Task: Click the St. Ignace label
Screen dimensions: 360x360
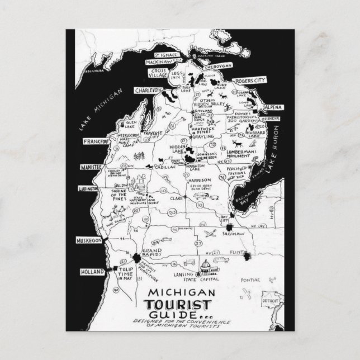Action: tap(165, 55)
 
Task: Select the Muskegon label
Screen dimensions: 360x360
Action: tap(88, 240)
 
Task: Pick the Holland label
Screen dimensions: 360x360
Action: tap(93, 271)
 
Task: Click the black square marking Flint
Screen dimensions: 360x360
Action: tap(246, 256)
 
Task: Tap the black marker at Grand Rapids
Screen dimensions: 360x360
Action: tap(136, 257)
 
